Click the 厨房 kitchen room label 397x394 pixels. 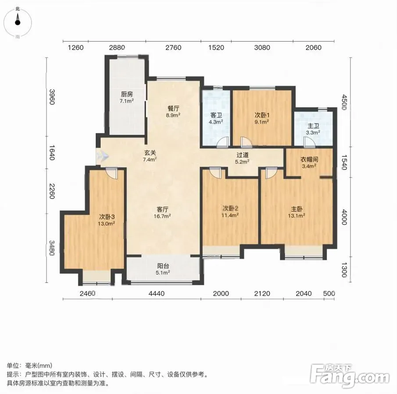127,94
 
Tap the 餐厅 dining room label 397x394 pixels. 173,109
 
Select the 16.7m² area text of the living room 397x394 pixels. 162,216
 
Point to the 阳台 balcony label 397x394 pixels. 163,266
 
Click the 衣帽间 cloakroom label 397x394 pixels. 309,159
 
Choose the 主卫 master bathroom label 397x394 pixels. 313,126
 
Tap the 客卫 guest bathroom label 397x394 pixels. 216,115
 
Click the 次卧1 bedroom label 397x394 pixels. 262,115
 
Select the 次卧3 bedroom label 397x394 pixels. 107,217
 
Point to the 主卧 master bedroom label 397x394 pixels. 297,209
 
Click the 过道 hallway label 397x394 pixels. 242,155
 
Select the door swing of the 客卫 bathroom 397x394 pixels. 223,142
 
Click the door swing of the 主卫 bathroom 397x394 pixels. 309,142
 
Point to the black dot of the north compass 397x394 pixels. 18,22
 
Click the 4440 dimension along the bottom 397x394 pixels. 157,293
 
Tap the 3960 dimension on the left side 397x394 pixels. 52,97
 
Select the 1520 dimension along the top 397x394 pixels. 216,48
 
